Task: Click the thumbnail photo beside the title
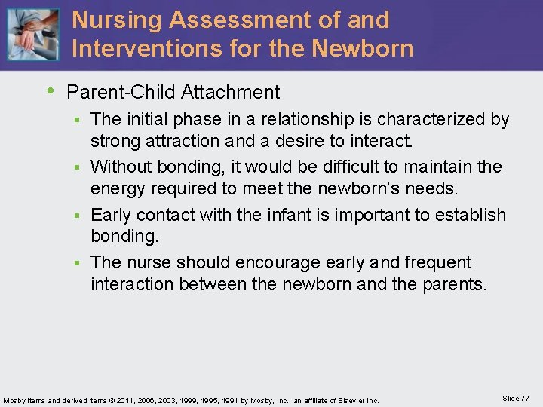(x=32, y=35)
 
